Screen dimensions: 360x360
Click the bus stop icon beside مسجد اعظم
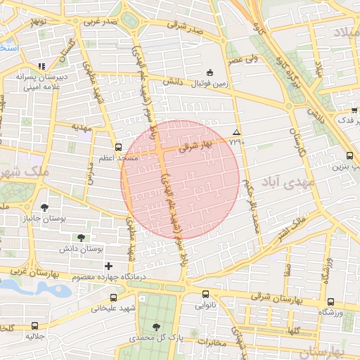[x=117, y=148]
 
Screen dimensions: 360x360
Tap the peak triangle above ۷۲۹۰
[x=236, y=132]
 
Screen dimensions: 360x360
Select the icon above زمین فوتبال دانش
[x=210, y=72]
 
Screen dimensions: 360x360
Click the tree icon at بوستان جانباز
[x=44, y=207]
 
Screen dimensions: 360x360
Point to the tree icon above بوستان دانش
[x=82, y=238]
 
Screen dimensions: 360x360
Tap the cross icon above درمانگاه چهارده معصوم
[x=108, y=266]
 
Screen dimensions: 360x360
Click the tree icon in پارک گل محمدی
[x=156, y=327]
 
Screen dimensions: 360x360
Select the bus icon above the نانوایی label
[x=205, y=295]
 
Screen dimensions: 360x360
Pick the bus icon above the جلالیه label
[x=36, y=326]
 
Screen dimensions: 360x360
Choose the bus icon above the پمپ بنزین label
[x=349, y=156]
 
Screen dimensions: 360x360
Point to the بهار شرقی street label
[x=195, y=146]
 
